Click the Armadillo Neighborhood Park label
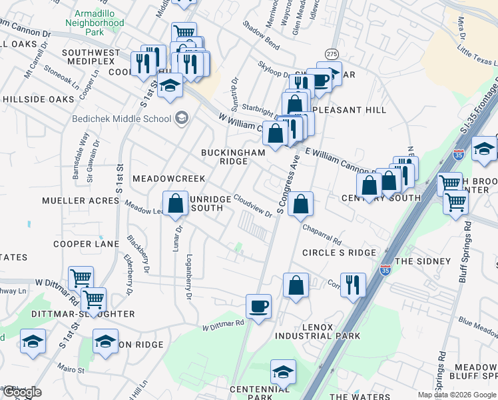point(95,23)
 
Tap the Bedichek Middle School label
point(122,119)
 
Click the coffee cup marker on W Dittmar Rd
point(258,307)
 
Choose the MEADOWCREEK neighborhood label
point(168,179)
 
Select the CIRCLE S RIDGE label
point(339,253)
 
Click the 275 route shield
point(332,53)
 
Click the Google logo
point(21,393)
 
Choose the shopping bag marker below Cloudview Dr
point(301,205)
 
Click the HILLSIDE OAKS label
point(37,99)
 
